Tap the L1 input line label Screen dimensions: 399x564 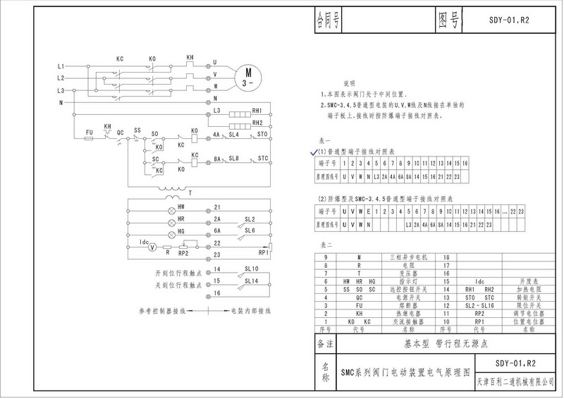(61, 66)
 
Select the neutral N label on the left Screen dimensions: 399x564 (61, 102)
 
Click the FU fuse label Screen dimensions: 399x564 (89, 131)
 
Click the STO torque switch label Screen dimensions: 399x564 (262, 134)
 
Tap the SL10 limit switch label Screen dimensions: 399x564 (251, 269)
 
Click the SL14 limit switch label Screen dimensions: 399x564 (251, 281)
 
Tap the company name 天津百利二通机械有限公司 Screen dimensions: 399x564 (515, 381)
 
